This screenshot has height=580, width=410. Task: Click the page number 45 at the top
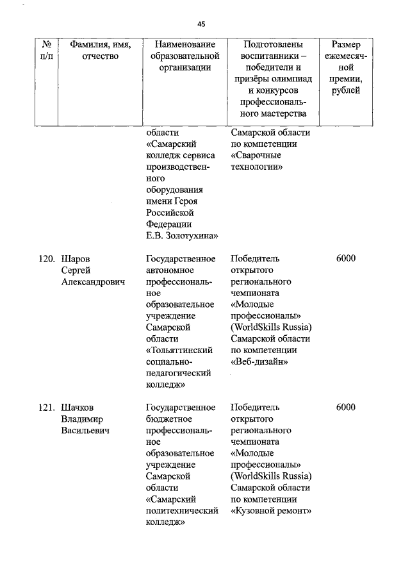point(202,24)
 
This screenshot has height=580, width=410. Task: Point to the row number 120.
point(44,259)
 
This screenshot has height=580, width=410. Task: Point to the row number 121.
point(44,407)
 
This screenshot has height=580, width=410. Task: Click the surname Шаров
point(75,259)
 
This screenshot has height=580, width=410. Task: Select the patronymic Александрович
point(92,281)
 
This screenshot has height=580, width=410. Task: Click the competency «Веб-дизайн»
point(259,362)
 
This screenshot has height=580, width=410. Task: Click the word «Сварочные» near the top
point(256,156)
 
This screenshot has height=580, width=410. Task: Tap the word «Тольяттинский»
point(179,351)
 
